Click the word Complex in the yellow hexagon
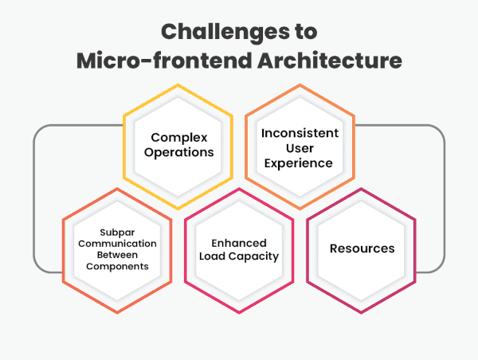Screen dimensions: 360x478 (x=178, y=136)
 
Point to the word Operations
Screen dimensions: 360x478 (x=178, y=151)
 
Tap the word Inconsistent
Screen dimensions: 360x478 (x=300, y=132)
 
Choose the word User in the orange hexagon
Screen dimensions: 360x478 (x=300, y=148)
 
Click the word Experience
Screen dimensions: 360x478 (x=300, y=163)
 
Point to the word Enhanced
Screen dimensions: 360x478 (x=239, y=243)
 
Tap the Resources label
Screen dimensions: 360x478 (x=362, y=248)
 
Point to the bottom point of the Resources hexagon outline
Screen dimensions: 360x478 (x=362, y=313)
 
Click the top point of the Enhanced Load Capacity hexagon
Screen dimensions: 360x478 (x=239, y=188)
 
